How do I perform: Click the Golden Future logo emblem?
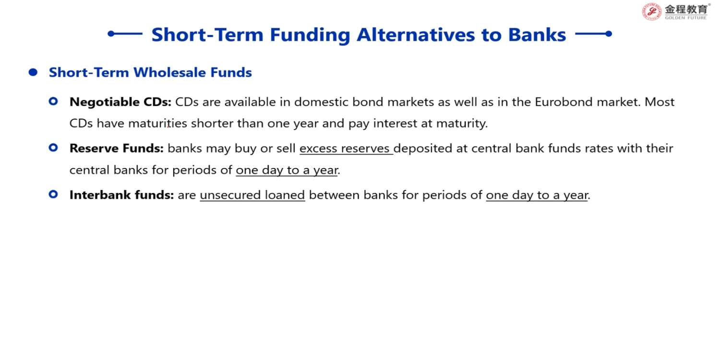click(x=651, y=12)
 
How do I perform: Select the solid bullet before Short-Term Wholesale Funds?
click(x=33, y=72)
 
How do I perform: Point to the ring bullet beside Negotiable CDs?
click(x=53, y=102)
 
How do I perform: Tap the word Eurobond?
click(x=564, y=102)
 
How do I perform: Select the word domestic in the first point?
click(x=321, y=102)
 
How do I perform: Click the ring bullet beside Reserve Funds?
click(x=53, y=148)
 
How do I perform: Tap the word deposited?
click(x=423, y=149)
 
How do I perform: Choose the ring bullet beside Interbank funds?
click(x=53, y=194)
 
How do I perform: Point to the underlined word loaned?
click(x=285, y=195)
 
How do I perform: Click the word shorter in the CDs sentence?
click(x=212, y=123)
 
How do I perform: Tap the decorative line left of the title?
click(x=125, y=34)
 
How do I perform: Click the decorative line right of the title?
click(x=593, y=34)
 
